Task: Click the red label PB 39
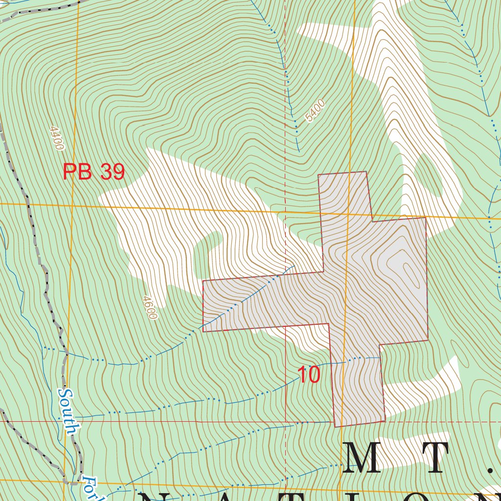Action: pos(93,172)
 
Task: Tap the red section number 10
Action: pos(308,375)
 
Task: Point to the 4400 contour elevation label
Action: pos(57,138)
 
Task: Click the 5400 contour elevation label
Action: pos(314,111)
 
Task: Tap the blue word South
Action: pos(68,411)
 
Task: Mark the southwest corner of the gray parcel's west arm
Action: pos(203,332)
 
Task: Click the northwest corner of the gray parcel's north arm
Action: pos(319,174)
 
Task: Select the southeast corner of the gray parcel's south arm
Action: pos(385,421)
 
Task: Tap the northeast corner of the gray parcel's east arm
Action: pos(426,218)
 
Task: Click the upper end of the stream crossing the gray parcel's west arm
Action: pos(294,267)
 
